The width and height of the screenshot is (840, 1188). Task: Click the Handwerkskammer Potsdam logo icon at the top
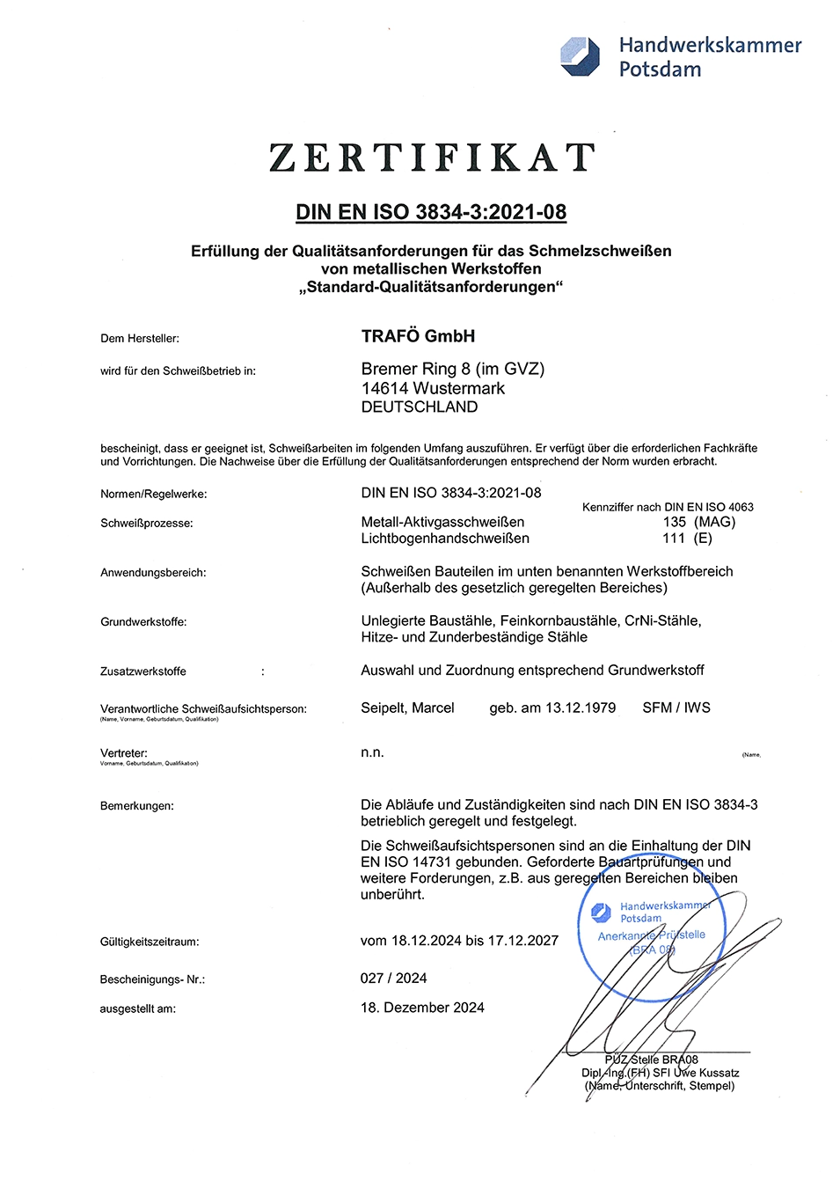coord(580,56)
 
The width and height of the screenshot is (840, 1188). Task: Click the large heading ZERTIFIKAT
coord(432,158)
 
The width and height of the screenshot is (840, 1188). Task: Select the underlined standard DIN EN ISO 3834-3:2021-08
coord(431,212)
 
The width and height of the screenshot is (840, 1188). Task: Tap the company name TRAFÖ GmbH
coord(418,336)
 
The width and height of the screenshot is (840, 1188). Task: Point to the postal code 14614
coord(384,388)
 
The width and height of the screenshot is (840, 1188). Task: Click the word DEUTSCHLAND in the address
coord(420,407)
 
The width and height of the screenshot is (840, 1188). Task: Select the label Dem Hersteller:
coord(140,339)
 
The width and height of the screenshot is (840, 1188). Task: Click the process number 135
coord(675,522)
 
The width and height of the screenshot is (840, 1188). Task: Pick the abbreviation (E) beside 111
coord(703,539)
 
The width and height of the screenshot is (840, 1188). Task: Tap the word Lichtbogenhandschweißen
coord(445,539)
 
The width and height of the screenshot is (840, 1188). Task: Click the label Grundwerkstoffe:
coord(143,622)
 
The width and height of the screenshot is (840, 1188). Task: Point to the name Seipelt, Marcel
coord(407,708)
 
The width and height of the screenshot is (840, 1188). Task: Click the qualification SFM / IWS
coord(676,708)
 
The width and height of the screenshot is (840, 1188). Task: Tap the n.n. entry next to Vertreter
coord(372,752)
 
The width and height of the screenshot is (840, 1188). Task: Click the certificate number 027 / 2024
coord(393,979)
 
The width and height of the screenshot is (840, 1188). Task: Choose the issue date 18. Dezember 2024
coord(422,1008)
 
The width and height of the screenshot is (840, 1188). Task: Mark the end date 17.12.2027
coord(523,941)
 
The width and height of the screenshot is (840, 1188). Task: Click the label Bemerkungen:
coord(137,806)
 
